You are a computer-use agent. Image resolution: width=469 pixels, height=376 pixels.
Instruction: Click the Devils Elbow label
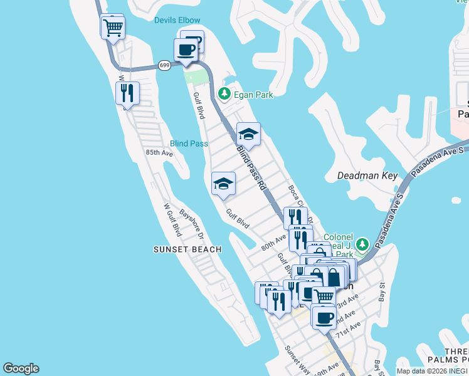coord(177,20)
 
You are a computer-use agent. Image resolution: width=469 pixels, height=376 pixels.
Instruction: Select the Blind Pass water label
coord(189,144)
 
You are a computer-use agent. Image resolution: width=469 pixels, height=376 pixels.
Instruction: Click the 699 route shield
coord(164,65)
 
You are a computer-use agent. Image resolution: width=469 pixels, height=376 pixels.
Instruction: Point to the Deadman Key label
coord(367,176)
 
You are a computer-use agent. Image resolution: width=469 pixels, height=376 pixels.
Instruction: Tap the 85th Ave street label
coord(159,152)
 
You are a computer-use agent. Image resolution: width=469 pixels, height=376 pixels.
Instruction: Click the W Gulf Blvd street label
coord(172,219)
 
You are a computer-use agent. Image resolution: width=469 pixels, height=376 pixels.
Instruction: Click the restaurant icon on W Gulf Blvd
coord(128,93)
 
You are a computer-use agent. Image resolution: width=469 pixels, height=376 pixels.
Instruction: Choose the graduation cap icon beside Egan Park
coord(248,133)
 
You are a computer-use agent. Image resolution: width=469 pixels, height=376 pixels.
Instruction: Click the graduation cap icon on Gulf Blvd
coord(223,184)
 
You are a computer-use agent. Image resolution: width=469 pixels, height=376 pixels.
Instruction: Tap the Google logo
coord(21,368)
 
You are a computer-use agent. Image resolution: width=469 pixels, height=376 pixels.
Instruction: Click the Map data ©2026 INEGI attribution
coord(433,371)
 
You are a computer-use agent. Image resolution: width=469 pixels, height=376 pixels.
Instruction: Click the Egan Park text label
coord(254,95)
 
